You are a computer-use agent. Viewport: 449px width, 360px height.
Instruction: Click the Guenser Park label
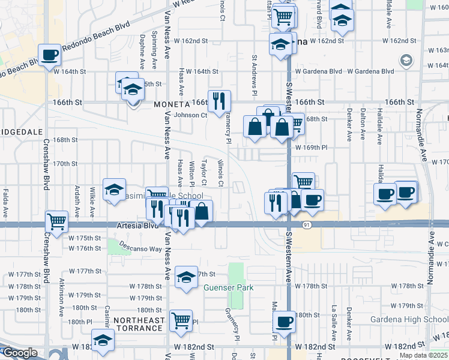(x=228, y=287)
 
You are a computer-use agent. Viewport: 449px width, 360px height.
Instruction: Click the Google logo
(x=19, y=353)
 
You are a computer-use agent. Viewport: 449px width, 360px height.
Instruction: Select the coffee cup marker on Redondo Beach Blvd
(x=50, y=55)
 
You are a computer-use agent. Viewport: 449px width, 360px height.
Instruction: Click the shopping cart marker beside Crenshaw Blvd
(x=56, y=221)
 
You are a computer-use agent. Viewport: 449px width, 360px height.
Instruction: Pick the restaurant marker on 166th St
(x=218, y=100)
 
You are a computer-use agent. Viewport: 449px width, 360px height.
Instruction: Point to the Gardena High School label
(x=409, y=319)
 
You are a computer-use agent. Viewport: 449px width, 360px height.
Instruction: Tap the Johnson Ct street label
(x=190, y=115)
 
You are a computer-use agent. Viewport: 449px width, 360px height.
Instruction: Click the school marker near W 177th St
(x=186, y=277)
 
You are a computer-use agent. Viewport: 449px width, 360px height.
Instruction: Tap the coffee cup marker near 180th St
(x=284, y=321)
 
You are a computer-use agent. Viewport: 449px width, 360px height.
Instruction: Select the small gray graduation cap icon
(x=406, y=60)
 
